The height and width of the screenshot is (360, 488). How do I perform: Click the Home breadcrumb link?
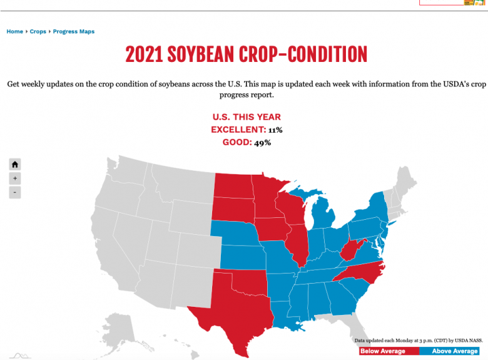(15, 31)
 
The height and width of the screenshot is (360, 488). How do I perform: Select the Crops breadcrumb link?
(38, 31)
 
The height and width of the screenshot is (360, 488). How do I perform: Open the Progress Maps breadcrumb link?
(74, 31)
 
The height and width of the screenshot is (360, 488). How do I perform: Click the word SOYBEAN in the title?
(202, 54)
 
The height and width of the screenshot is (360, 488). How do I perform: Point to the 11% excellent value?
(275, 130)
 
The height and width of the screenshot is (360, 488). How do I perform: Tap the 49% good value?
(262, 143)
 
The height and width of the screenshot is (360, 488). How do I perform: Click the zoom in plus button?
(15, 178)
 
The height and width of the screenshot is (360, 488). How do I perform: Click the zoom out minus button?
(15, 192)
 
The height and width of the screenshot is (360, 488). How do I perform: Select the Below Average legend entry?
(382, 351)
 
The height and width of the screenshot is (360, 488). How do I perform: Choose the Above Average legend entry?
(455, 351)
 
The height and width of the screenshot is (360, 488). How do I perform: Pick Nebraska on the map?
(238, 232)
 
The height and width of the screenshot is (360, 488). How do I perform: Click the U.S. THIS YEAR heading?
(247, 117)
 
